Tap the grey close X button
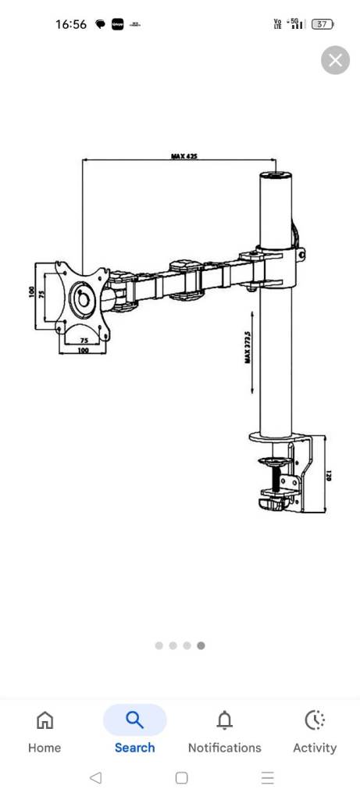(335, 60)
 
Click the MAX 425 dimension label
(184, 156)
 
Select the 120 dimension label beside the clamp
(329, 474)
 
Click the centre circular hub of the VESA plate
(81, 298)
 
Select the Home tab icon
(45, 720)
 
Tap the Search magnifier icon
(134, 720)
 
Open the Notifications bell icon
(224, 720)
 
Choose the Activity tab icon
(314, 720)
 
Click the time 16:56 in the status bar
(71, 24)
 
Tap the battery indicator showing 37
(321, 24)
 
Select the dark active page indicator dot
(201, 645)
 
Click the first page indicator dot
(159, 645)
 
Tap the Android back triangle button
(95, 777)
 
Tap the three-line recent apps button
(268, 777)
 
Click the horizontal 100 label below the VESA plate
(84, 351)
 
